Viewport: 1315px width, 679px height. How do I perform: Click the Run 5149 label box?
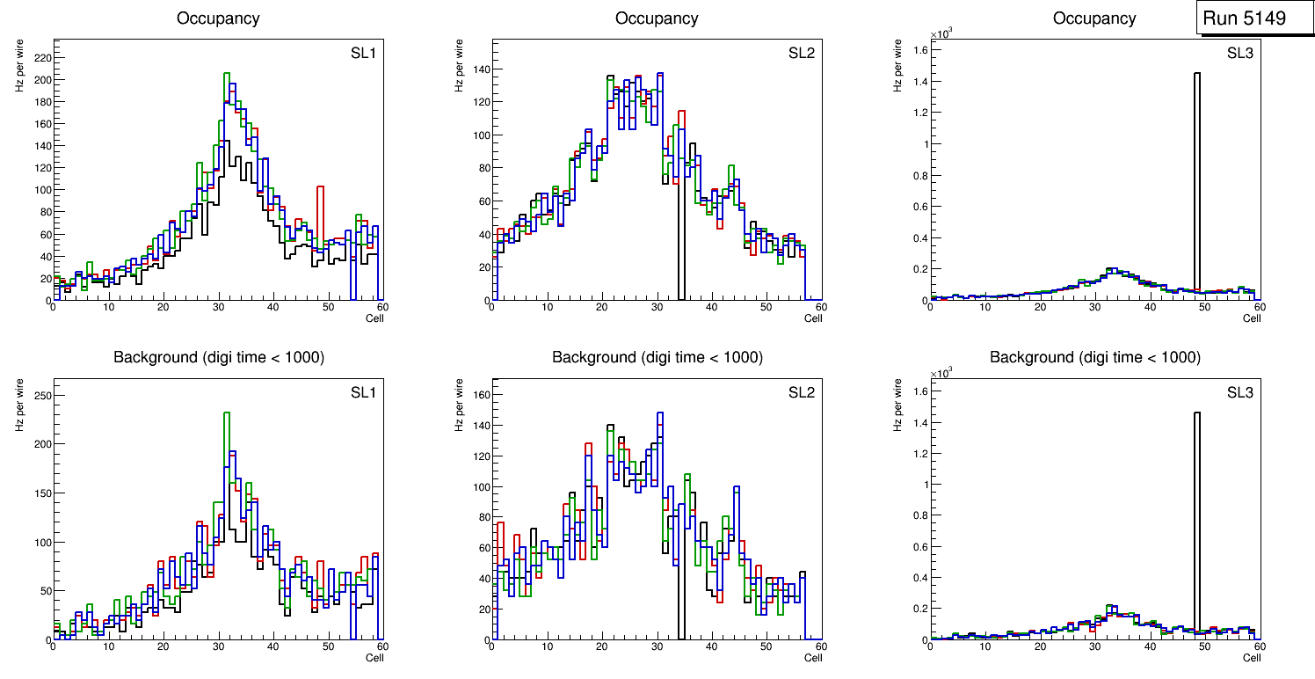coord(1255,18)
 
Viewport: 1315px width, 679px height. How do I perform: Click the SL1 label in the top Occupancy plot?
coord(363,54)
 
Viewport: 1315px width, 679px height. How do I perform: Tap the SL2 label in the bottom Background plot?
coord(801,393)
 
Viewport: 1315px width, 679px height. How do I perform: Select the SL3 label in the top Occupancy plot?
coord(1239,54)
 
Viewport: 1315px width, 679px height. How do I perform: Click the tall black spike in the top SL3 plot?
coord(1196,176)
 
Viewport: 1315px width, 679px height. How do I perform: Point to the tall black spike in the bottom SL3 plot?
coord(1196,519)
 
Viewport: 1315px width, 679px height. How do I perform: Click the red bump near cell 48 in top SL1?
coord(321,211)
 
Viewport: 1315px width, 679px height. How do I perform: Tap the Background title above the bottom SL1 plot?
coord(218,357)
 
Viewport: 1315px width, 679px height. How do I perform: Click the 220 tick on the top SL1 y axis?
coord(41,57)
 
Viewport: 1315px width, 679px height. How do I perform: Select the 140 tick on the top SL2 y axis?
coord(480,69)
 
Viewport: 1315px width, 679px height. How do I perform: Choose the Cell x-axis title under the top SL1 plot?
coord(374,318)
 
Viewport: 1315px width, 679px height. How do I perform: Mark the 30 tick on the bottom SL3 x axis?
coord(1094,646)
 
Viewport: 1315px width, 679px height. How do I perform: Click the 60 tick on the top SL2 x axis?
coord(819,307)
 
